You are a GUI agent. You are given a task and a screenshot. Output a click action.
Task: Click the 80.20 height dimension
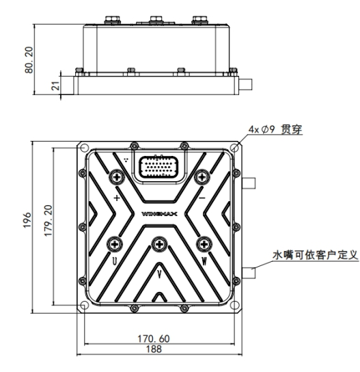pyautogui.click(x=29, y=59)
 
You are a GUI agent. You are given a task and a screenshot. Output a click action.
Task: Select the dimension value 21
pyautogui.click(x=55, y=85)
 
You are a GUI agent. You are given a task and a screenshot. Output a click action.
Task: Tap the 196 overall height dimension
pyautogui.click(x=27, y=220)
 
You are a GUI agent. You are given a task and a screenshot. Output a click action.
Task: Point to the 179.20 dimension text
pyautogui.click(x=48, y=220)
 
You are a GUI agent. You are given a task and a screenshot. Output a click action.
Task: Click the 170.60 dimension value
pyautogui.click(x=154, y=338)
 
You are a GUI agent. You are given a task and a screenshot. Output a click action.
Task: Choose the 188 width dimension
pyautogui.click(x=154, y=349)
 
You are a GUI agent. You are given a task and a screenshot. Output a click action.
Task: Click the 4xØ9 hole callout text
pyautogui.click(x=275, y=129)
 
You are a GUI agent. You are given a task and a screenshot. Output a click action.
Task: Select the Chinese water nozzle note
pyautogui.click(x=315, y=255)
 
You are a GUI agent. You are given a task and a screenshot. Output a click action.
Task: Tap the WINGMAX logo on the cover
pyautogui.click(x=159, y=214)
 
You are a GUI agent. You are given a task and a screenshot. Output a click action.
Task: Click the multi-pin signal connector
pyautogui.click(x=158, y=167)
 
